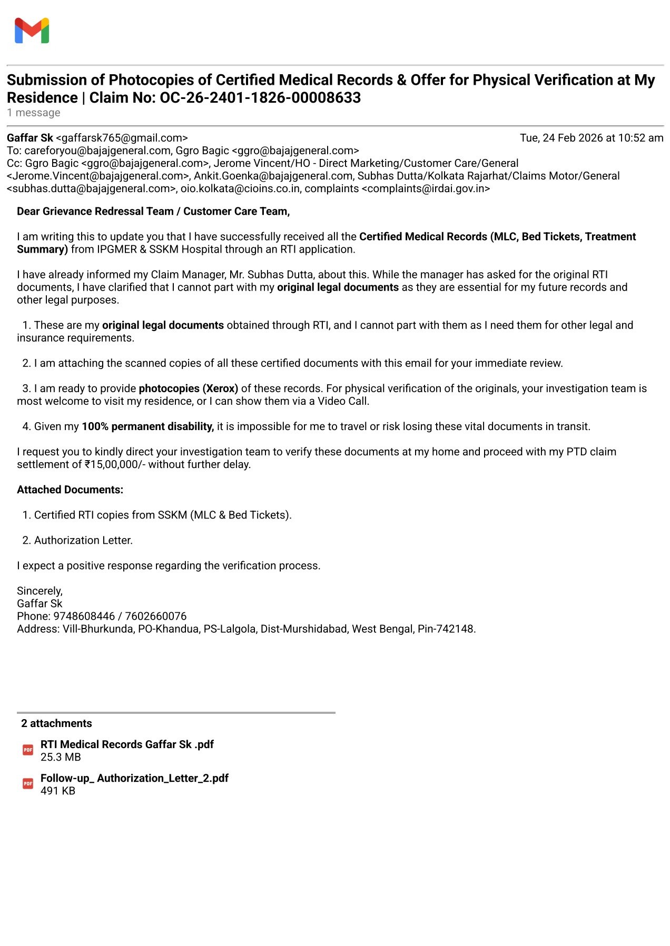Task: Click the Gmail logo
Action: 32,31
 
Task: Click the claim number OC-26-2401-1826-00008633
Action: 260,98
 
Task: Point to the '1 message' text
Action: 34,113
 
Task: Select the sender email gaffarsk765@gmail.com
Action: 122,138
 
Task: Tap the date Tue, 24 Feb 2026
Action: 561,138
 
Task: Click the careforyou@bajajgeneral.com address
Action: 97,151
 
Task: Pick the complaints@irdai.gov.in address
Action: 426,188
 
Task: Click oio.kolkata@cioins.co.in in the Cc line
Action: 240,188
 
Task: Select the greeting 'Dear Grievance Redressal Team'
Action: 95,211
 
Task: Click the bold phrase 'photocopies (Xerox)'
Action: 189,389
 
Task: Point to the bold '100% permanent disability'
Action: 147,426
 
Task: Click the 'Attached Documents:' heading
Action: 70,490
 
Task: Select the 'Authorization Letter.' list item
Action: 83,540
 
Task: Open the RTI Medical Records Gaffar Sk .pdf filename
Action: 127,744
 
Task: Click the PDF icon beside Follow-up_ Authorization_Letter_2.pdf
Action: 28,784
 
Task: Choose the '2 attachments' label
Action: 56,723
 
